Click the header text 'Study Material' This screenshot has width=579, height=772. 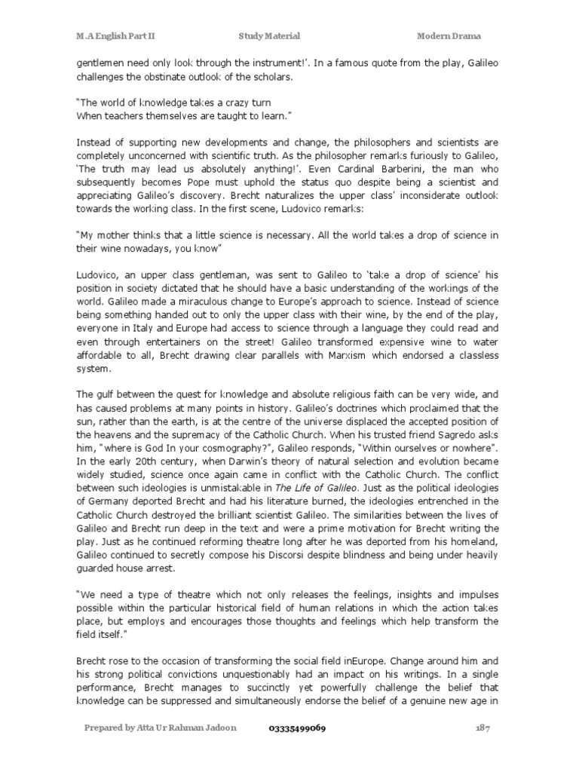pyautogui.click(x=269, y=35)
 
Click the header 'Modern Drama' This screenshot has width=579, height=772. pyautogui.click(x=449, y=35)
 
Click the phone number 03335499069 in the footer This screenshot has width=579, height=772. pyautogui.click(x=298, y=729)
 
